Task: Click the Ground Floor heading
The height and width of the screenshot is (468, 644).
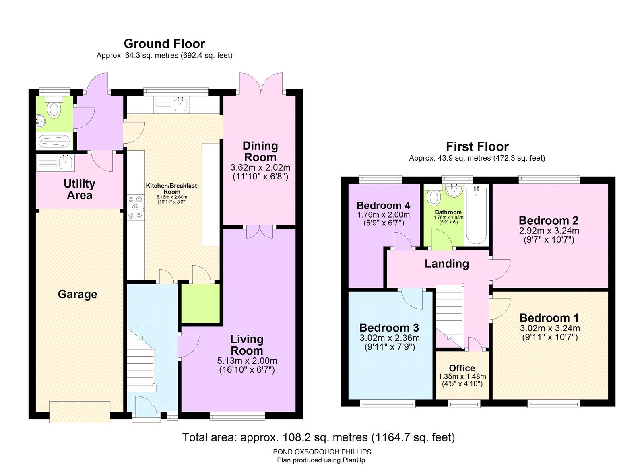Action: tap(164, 43)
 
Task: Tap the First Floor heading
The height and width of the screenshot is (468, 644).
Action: tap(477, 146)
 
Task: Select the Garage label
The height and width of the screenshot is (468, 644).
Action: tap(77, 294)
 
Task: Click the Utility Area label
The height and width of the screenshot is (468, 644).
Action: tap(79, 190)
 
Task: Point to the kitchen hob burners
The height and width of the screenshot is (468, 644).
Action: tap(136, 208)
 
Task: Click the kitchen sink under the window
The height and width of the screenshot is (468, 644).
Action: tap(180, 105)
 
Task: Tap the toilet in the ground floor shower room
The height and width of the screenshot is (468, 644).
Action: tap(54, 109)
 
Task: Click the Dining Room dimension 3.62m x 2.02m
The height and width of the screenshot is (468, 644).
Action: tap(260, 167)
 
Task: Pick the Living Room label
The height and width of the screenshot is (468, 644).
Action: tap(247, 345)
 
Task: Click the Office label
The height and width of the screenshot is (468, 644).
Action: tap(462, 368)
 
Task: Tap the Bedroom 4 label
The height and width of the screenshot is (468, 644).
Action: tap(383, 206)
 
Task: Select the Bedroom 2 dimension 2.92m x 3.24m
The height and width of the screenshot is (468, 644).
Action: tap(549, 231)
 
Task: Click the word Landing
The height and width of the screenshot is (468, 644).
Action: tap(447, 264)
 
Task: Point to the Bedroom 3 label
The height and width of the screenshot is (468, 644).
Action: tap(389, 328)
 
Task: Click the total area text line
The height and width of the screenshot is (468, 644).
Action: tap(318, 437)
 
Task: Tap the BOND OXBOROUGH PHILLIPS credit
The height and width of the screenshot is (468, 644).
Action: tap(322, 452)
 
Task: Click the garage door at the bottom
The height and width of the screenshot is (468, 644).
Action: tap(80, 412)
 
